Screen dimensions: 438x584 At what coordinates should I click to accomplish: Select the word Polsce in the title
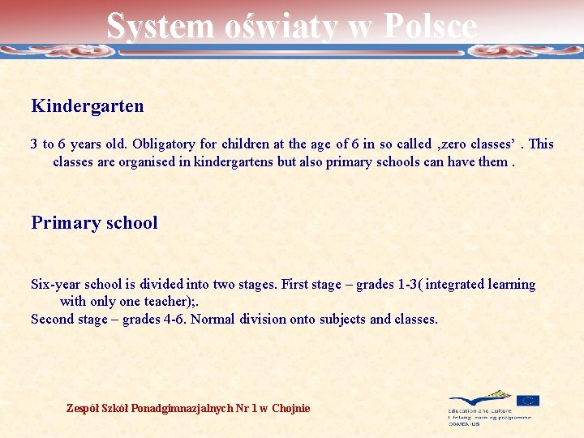coord(430,26)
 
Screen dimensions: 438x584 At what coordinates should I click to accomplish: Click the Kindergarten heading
coord(88,105)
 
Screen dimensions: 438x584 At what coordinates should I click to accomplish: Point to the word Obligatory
coord(165,144)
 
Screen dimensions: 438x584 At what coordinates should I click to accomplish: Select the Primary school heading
coord(94,223)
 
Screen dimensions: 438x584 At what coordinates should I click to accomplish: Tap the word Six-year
coord(55,285)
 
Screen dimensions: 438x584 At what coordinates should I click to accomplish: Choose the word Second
coord(51,320)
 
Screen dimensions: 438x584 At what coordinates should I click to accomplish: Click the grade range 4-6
coord(173,320)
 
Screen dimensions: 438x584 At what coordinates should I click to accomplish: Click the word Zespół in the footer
coord(82,408)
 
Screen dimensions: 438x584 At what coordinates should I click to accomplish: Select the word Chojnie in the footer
coord(291,408)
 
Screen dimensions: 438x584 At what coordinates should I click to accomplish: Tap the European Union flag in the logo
coord(528,401)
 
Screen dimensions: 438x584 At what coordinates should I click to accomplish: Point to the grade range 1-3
coord(407,285)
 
